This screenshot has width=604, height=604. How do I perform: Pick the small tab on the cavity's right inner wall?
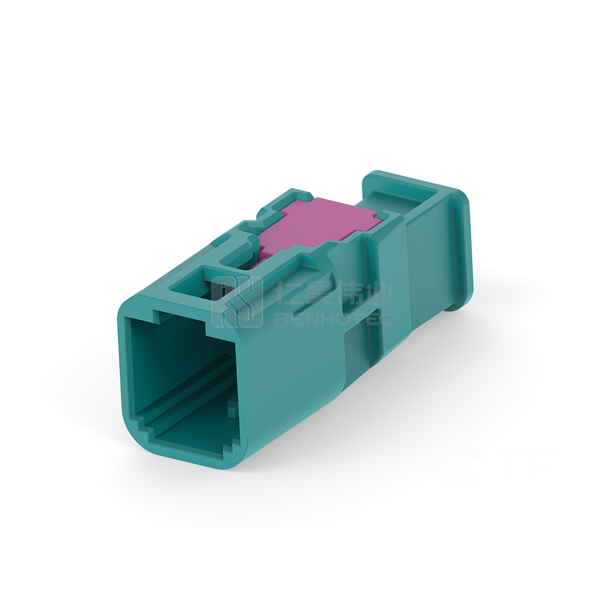(x=231, y=408)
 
